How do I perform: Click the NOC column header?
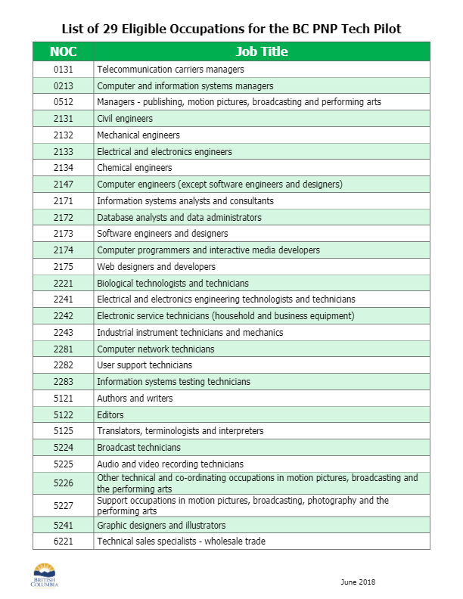(x=63, y=52)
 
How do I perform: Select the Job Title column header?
(x=261, y=52)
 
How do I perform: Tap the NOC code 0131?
(x=63, y=70)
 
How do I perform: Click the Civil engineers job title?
(x=125, y=119)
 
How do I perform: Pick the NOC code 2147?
(x=63, y=185)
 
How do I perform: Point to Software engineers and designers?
(x=163, y=234)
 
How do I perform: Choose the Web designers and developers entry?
(x=156, y=267)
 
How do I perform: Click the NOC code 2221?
(x=63, y=284)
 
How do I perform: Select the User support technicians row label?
(x=144, y=365)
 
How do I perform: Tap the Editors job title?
(x=110, y=415)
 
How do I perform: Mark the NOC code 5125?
(x=63, y=431)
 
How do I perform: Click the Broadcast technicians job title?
(x=138, y=448)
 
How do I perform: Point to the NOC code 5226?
(x=63, y=483)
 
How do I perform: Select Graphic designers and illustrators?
(x=161, y=526)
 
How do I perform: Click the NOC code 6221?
(x=63, y=542)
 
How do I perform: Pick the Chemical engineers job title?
(x=135, y=168)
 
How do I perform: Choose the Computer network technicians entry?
(x=156, y=349)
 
